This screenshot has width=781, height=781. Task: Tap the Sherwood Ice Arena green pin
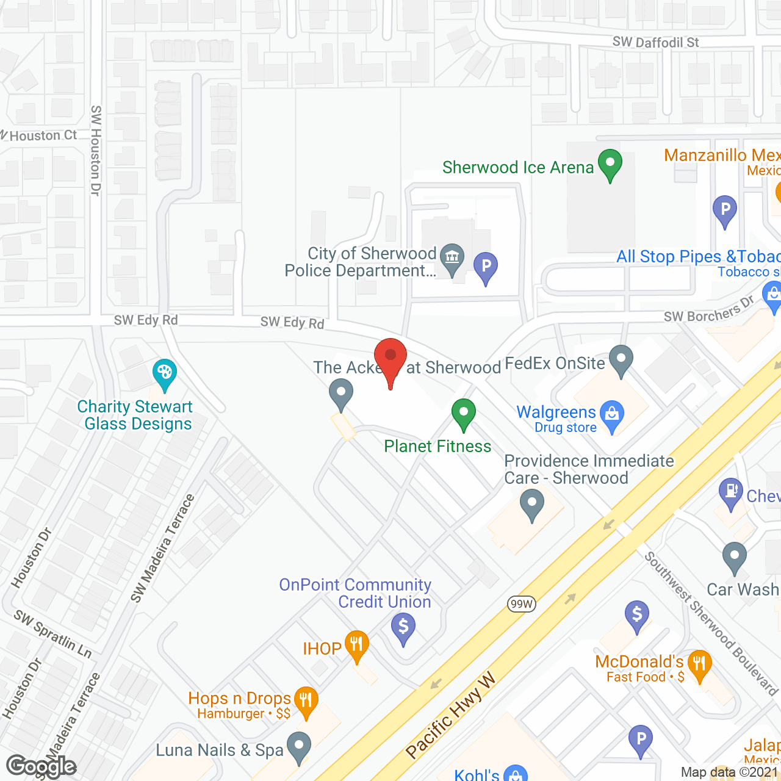tap(610, 164)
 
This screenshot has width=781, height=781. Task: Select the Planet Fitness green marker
tap(464, 413)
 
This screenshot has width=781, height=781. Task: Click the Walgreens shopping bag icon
tap(612, 415)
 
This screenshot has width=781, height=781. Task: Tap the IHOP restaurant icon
tap(356, 645)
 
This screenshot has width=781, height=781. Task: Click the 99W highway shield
tap(522, 604)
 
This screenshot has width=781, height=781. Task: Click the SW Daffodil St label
tap(655, 42)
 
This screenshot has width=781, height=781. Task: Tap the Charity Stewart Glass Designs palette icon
tap(164, 373)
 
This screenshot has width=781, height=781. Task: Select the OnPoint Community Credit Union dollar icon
tap(403, 627)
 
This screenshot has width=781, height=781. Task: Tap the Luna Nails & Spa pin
tap(299, 746)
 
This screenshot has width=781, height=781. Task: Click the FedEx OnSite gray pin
tap(621, 359)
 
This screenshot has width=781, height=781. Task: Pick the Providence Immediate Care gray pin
tap(532, 505)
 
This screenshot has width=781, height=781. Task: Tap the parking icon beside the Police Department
tap(486, 267)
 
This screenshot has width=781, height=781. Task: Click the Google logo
tap(41, 766)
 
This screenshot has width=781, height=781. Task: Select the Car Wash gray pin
tap(735, 556)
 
